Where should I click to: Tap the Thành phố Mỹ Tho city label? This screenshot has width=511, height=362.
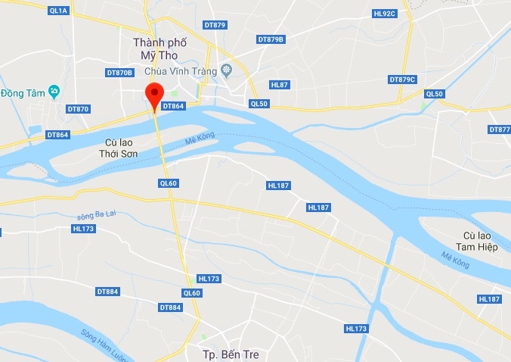point(159,49)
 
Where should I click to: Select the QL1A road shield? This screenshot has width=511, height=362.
point(57,11)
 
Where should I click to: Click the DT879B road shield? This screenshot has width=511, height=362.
point(270,39)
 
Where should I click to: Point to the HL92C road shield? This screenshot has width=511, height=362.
point(384,14)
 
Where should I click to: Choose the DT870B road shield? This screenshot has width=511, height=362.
point(119,73)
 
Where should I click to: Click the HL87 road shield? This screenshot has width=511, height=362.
point(279,85)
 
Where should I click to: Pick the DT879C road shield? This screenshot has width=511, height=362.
point(402,80)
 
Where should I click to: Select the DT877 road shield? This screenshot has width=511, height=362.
point(500,130)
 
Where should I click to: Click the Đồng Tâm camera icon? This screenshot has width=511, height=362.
point(54,92)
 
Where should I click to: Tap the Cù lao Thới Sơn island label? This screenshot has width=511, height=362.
point(121,148)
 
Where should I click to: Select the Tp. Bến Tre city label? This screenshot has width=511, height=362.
point(231,354)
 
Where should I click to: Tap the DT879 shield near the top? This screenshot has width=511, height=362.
point(215,25)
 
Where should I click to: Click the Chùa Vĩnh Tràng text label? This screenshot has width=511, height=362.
point(182,71)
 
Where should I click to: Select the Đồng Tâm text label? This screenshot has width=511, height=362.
point(23,93)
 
